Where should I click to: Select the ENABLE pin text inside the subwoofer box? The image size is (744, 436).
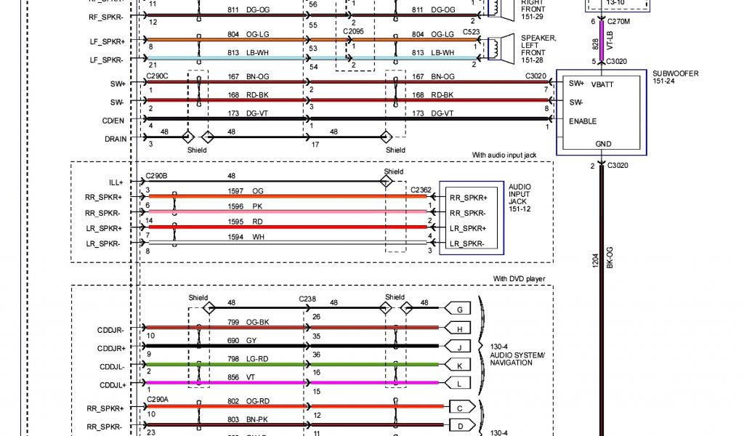[583, 121]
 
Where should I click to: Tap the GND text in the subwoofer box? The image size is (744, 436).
[603, 144]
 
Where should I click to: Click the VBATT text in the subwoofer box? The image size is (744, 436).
[603, 84]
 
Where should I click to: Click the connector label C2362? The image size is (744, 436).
[421, 190]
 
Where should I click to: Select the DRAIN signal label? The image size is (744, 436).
[115, 138]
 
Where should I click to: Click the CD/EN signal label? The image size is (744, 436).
[113, 120]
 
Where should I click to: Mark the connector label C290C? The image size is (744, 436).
[156, 76]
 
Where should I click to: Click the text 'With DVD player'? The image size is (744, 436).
[519, 279]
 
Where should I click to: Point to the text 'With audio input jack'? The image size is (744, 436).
[512, 156]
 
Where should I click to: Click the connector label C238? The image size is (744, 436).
[308, 299]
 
